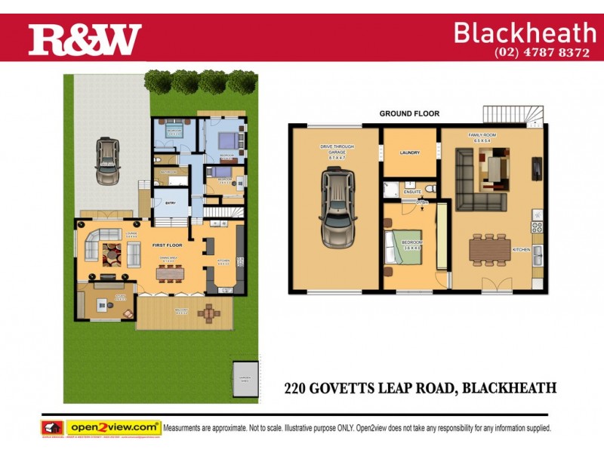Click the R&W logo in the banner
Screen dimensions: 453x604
[85, 40]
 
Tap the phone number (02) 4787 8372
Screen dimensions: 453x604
[541, 53]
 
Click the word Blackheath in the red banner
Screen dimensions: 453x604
[525, 32]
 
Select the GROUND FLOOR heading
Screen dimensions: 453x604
[409, 114]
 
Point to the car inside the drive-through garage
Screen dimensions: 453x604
[337, 208]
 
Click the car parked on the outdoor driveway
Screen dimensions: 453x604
[108, 160]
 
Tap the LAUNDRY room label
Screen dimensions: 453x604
[409, 153]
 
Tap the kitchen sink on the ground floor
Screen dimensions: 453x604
[538, 257]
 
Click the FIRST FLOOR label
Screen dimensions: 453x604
[168, 246]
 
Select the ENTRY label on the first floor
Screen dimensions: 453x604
[171, 202]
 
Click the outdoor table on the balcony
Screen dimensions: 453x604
[209, 311]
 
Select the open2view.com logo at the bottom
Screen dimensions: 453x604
[113, 427]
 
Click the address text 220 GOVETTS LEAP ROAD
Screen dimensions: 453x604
[370, 389]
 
